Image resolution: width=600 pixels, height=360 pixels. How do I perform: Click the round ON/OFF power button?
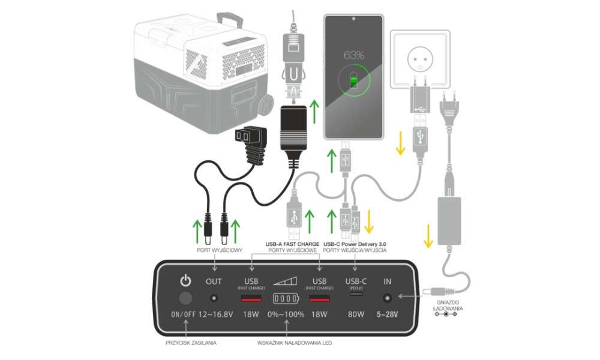pos(186,298)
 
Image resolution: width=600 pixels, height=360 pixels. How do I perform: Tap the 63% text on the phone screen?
pos(353,55)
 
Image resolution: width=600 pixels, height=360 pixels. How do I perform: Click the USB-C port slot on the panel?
pos(355,298)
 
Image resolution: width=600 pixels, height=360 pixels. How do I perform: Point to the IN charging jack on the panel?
pos(387,298)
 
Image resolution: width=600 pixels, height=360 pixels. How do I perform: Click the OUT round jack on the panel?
pos(214,298)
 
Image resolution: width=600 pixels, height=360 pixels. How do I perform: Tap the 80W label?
pos(355,314)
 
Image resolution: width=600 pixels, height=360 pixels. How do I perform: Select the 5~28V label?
pos(387,314)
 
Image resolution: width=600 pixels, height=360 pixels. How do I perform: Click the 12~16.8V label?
pos(214,314)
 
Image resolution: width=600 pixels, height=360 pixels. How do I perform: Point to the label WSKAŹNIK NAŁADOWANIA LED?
pos(286,343)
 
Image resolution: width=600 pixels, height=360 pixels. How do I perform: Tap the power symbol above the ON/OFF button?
pos(186,280)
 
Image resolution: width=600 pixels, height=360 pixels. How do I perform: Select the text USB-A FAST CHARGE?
pos(292,244)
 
